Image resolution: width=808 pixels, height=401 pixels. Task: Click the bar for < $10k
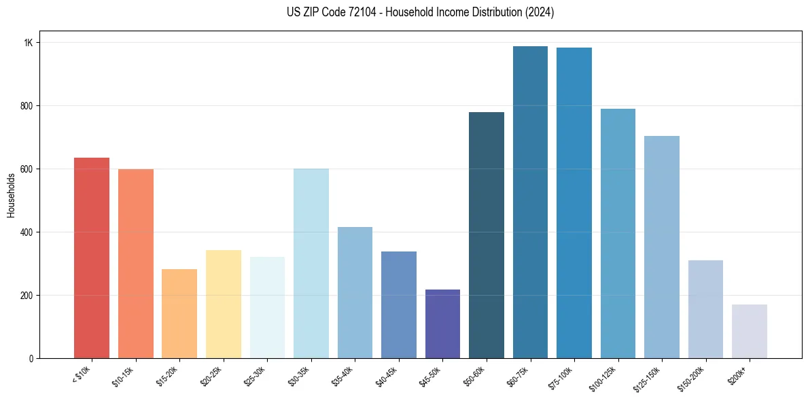point(92,258)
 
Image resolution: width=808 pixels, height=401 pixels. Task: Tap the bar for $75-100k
point(574,203)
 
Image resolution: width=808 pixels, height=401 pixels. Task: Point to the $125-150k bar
point(662,247)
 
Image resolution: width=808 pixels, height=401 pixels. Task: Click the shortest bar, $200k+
point(750,332)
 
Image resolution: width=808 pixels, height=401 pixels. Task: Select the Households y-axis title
point(11,195)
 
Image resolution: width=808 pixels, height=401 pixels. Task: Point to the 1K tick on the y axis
point(29,43)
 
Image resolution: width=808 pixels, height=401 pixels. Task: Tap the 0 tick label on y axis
point(31,359)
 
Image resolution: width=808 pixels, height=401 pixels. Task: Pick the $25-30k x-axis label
point(256,375)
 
